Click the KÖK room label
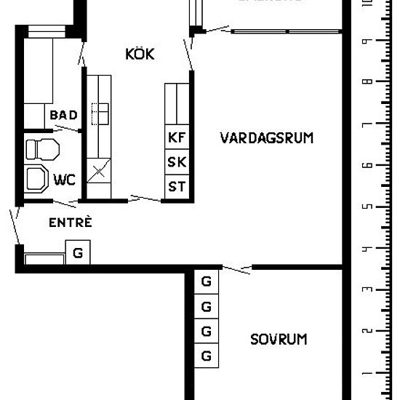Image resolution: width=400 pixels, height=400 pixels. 140,55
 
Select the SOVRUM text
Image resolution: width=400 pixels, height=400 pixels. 279,339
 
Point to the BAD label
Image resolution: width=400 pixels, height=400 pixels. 63,115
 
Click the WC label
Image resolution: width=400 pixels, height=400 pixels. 64,179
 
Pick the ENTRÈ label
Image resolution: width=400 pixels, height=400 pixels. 70,223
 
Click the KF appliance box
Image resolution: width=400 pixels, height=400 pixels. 177,137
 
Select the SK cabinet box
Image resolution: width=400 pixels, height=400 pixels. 177,161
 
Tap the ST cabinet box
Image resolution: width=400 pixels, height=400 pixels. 177,186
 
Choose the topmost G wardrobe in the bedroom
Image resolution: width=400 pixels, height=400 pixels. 206,281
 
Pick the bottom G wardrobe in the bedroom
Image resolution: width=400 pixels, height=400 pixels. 206,356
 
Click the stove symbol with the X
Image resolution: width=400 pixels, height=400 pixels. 97,172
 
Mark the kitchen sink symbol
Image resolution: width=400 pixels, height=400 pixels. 99,113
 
